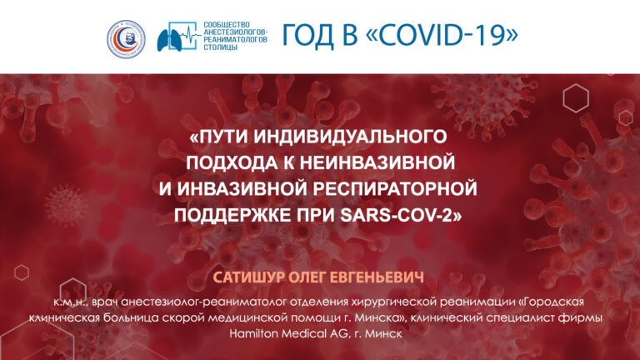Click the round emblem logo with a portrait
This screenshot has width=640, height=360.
pos(126,39)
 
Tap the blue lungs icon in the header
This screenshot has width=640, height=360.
pos(169,40)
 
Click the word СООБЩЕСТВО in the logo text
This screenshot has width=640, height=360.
pos(227,25)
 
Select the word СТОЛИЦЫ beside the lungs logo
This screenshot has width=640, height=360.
pos(220,47)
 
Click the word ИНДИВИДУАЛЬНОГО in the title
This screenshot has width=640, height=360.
pos(350,137)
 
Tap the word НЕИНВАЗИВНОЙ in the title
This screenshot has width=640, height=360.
pos(377,162)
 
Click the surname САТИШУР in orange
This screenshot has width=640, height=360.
pos(248,277)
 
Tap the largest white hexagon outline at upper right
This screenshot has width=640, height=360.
pos(576,98)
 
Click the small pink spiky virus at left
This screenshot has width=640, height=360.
pos(65,205)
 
